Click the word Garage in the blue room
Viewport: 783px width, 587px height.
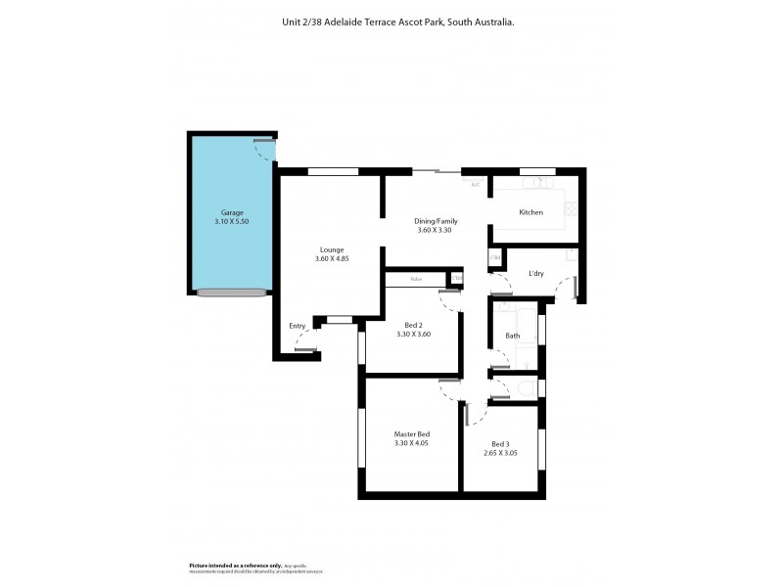(x=231, y=212)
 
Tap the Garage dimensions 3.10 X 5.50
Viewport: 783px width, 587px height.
(x=231, y=222)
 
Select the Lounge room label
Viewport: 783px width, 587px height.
(x=331, y=248)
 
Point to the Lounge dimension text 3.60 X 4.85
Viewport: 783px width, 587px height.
(x=331, y=258)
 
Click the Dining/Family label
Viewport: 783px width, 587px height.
(x=437, y=221)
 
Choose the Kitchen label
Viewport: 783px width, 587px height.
(x=530, y=212)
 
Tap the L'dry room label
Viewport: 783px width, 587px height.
(x=536, y=273)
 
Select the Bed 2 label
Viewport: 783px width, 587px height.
(x=413, y=325)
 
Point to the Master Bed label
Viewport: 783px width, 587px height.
(x=411, y=433)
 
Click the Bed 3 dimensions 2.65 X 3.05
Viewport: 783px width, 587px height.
(x=501, y=452)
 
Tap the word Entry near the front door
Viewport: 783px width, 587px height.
(x=297, y=326)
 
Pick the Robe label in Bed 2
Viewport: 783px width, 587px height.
(x=416, y=280)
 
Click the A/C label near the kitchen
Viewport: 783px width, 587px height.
(x=476, y=185)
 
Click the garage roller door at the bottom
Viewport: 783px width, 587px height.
(x=232, y=292)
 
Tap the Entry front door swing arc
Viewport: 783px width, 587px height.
(x=301, y=342)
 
